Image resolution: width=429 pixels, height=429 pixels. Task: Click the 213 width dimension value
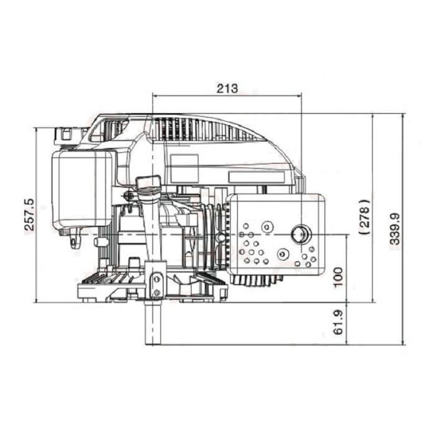tap(228, 88)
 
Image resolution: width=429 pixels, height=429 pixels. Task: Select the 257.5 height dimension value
tap(29, 214)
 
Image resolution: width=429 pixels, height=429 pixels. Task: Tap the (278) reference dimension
tap(365, 217)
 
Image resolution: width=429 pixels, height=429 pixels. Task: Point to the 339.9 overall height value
tap(395, 228)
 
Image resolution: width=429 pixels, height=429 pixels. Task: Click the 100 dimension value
tap(338, 277)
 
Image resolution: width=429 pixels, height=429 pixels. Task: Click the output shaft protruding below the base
tap(153, 323)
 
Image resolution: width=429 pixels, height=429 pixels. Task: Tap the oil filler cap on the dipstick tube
tap(148, 182)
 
